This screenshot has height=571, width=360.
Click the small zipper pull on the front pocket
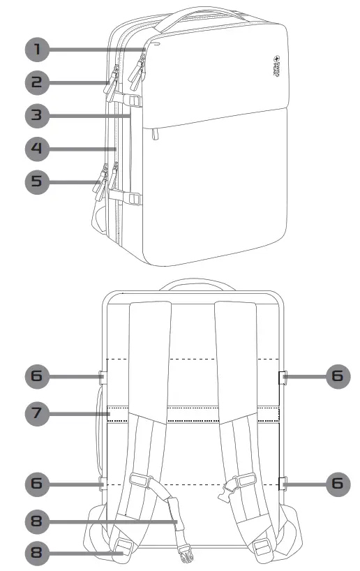coord(155,132)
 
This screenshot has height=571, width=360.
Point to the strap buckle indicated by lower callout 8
coord(123,547)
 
